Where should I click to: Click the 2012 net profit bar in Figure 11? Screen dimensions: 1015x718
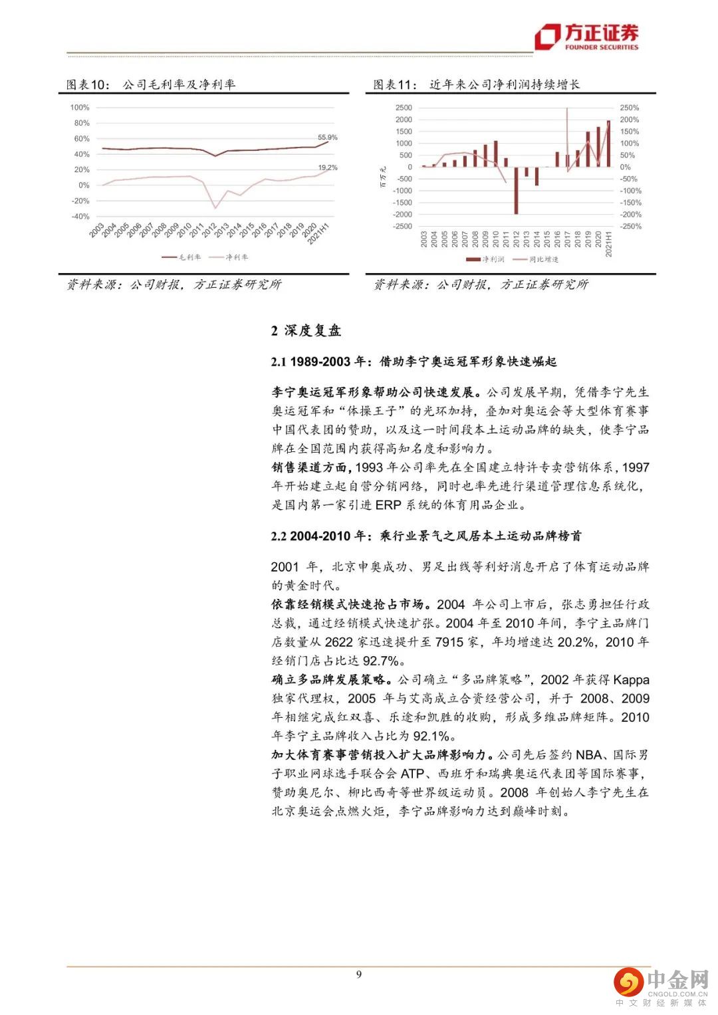(516, 190)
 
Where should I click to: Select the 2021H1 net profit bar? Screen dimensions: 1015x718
(608, 144)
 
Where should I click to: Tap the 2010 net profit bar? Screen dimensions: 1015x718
(495, 154)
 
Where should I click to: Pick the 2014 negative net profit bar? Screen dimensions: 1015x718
(537, 176)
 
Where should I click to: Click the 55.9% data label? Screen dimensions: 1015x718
(327, 138)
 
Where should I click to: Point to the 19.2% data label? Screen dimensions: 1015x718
(327, 168)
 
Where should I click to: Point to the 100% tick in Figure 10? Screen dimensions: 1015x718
(80, 108)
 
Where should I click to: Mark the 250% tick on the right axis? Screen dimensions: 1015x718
(629, 108)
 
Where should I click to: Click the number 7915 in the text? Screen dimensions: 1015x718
(449, 642)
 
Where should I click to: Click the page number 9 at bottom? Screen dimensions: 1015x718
(359, 974)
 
